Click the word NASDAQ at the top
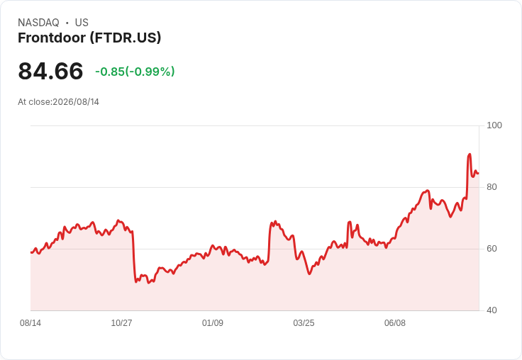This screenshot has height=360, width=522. [38, 23]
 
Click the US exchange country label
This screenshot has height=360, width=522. [82, 23]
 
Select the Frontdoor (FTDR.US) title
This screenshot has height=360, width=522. [89, 38]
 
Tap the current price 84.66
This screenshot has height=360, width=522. [50, 71]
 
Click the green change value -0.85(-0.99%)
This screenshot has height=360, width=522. [135, 72]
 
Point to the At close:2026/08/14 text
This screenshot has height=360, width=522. [59, 102]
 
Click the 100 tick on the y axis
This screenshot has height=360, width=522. [494, 125]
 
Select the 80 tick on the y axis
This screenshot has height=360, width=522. [492, 187]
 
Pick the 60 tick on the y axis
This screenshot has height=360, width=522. [492, 249]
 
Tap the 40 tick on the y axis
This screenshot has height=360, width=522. [492, 310]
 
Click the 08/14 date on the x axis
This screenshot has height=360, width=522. [30, 323]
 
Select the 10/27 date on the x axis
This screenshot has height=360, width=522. [121, 323]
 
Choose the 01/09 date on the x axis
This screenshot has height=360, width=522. [213, 323]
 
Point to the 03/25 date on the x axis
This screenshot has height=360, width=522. [304, 323]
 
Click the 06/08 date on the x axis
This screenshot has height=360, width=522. [395, 323]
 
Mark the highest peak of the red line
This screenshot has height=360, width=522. [470, 154]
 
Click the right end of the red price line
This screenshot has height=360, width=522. [479, 174]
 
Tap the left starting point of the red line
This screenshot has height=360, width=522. [31, 252]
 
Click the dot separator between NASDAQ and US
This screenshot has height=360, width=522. [67, 23]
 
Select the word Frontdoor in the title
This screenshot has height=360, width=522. [52, 38]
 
